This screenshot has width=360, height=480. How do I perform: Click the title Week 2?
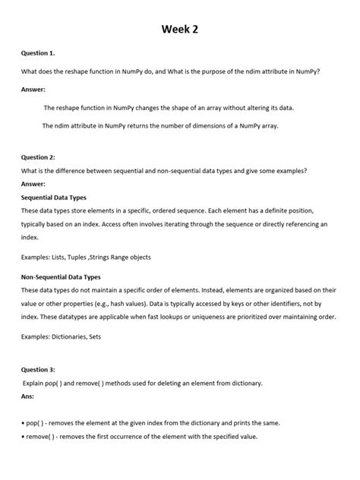[179, 30]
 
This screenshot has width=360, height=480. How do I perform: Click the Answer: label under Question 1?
[35, 89]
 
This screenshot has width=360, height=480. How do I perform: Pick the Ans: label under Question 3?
[28, 396]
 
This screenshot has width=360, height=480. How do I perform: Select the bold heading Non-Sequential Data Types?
[61, 277]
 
